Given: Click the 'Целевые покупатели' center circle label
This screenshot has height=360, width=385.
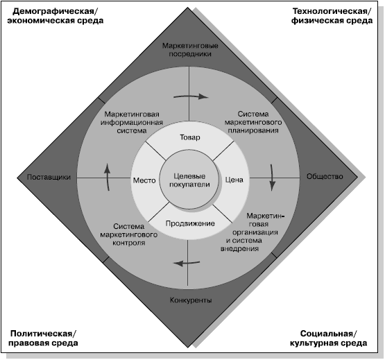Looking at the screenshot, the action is point(189,180).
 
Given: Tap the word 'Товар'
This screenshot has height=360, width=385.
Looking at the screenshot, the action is point(190,137).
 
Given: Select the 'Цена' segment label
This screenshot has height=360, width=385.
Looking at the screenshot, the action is point(234,180).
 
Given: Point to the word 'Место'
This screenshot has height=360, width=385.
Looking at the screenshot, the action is point(144,180).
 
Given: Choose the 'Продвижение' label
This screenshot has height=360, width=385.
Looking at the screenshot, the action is point(190,223).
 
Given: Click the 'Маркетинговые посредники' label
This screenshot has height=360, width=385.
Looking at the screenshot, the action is point(190,50).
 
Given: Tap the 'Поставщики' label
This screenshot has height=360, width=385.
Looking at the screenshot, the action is point(49,177).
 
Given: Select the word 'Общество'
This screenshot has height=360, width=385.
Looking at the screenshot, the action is point(325,176).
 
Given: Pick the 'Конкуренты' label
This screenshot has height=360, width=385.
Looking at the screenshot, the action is point(191,300).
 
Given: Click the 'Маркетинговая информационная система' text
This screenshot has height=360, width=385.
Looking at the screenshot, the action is point(132,122).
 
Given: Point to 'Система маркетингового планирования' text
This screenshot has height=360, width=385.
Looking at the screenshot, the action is point(253,122).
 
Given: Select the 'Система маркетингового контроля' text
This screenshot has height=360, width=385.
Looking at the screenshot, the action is point(128,234).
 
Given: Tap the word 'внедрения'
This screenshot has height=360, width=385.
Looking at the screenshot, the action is point(239,248).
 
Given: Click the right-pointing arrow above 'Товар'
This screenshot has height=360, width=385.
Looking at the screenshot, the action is point(191,96).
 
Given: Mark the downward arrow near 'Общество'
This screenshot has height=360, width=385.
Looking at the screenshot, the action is point(272,178).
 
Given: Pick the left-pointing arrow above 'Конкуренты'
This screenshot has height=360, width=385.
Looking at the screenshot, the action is point(187,263).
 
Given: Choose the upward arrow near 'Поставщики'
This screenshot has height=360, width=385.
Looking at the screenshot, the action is point(107,177).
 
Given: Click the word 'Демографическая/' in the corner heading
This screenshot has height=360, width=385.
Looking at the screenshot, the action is point(55,11).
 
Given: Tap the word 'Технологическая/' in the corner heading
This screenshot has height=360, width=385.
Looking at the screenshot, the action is point(332,11).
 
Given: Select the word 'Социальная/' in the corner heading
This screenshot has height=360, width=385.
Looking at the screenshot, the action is point(328,334).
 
